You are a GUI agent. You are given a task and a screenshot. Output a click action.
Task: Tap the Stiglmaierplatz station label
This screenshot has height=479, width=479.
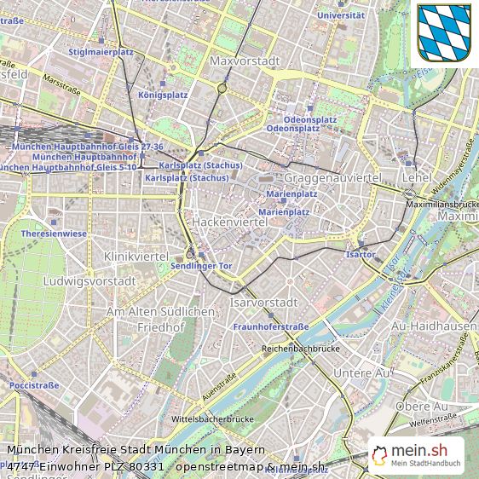101,51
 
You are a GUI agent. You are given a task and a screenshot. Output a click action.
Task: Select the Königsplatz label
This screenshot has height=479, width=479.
162,95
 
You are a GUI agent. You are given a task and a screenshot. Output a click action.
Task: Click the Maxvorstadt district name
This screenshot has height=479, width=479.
245,61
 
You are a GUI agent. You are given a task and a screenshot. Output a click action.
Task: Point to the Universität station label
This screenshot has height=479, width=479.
340,14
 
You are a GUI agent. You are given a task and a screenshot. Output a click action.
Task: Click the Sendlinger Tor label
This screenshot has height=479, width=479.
201,266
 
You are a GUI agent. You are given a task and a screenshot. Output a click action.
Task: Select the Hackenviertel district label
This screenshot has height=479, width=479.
230,222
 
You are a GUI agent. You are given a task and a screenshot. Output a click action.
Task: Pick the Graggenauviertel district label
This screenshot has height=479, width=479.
332,178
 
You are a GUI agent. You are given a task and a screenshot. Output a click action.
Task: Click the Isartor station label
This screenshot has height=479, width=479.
361,254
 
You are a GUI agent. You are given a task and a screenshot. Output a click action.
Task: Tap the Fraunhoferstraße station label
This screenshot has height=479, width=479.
270,326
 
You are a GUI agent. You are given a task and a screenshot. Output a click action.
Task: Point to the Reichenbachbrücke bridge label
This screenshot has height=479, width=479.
301,348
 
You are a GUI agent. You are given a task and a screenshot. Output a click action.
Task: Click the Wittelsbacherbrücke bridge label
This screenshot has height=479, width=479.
213,418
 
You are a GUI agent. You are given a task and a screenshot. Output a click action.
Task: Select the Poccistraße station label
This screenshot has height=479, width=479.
34,385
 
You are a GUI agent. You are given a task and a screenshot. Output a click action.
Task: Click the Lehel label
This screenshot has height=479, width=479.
418,177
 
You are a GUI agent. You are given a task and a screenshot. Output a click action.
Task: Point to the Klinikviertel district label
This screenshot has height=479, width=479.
135,257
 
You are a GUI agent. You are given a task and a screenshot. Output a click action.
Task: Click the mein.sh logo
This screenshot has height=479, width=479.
417,455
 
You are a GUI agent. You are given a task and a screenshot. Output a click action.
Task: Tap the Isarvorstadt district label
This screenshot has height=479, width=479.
264,303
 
